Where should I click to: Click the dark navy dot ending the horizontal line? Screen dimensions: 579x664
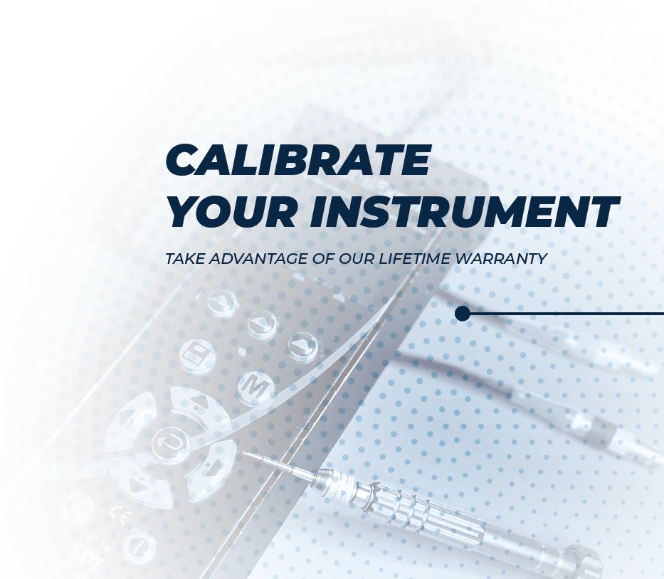(463, 313)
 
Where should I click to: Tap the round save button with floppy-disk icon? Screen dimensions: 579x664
(194, 353)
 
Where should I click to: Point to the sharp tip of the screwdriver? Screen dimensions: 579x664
(246, 452)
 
